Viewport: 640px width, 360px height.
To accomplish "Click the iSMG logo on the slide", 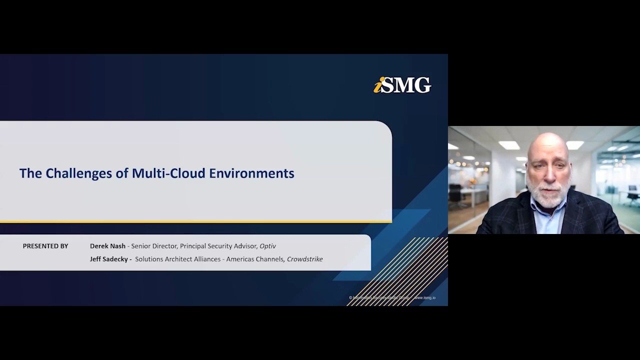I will coord(402,85).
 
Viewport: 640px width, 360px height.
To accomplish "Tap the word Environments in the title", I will coord(251,173).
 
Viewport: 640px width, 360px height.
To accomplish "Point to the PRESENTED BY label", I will coord(45,246).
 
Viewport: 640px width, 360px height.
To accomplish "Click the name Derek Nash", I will coord(107,246).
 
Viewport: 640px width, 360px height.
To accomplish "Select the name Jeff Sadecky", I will coord(109,259).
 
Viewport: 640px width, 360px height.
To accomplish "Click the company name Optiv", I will coord(267,246).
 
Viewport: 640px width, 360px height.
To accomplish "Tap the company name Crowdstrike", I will coord(304,259).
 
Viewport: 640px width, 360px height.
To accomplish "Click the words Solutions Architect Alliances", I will coord(177,259).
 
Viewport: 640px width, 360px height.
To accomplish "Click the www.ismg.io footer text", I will coord(425,298).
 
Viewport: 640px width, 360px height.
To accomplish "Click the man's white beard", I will coord(549,195).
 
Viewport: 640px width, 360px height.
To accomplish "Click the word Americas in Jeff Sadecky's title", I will coord(242,259).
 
